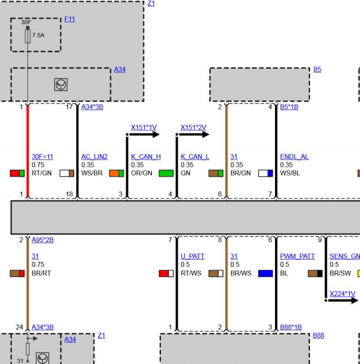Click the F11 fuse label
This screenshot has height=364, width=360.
pos(69,19)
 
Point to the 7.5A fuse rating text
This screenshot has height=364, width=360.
pos(38,35)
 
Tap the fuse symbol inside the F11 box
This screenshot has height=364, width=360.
pos(28,36)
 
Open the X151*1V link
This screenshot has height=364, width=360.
pos(144,127)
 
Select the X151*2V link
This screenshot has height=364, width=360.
pos(194,127)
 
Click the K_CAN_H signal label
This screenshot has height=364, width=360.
pos(146,157)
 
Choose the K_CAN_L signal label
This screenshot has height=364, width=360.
pos(195,157)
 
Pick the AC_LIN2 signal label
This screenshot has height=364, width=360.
pos(95,157)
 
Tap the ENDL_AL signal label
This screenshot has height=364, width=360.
pos(294,157)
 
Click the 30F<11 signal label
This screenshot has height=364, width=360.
pos(42,157)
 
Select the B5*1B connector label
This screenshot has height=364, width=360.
pos(289,107)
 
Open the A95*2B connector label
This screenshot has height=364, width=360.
pos(42,240)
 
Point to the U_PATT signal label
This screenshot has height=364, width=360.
pos(192,257)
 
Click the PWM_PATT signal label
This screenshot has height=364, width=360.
pos(297,257)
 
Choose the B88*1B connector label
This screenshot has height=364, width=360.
pos(291,327)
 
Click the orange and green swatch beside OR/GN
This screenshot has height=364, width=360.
pos(116,173)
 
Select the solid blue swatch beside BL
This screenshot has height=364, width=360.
pos(265,273)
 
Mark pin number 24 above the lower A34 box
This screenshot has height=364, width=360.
pos(19,327)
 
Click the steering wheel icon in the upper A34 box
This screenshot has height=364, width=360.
pos(61,85)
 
